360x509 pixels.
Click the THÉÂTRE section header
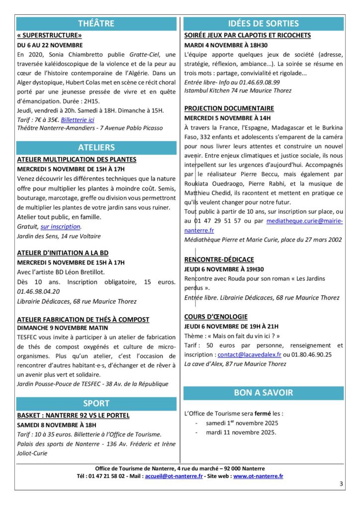point(96,23)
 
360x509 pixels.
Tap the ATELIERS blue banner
point(96,148)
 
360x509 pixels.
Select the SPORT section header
point(96,403)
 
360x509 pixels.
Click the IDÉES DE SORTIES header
point(264,23)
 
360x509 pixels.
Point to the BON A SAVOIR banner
point(264,393)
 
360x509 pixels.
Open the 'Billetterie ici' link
point(78,120)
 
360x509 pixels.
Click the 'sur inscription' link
point(61,227)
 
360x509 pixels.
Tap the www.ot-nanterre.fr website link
point(258,476)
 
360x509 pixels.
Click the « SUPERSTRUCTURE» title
point(49,35)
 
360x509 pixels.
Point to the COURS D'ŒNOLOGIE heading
point(216,317)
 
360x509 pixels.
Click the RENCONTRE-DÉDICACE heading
point(219,259)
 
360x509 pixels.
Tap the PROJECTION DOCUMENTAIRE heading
point(229,108)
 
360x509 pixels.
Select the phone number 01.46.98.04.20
point(38,291)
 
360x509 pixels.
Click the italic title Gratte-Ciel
point(137,54)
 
